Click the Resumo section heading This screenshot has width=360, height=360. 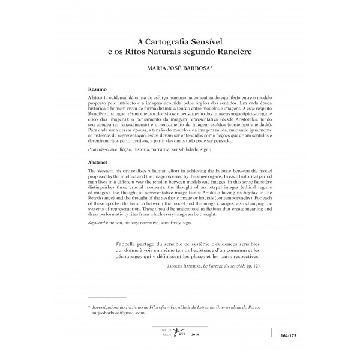pos(98,88)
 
